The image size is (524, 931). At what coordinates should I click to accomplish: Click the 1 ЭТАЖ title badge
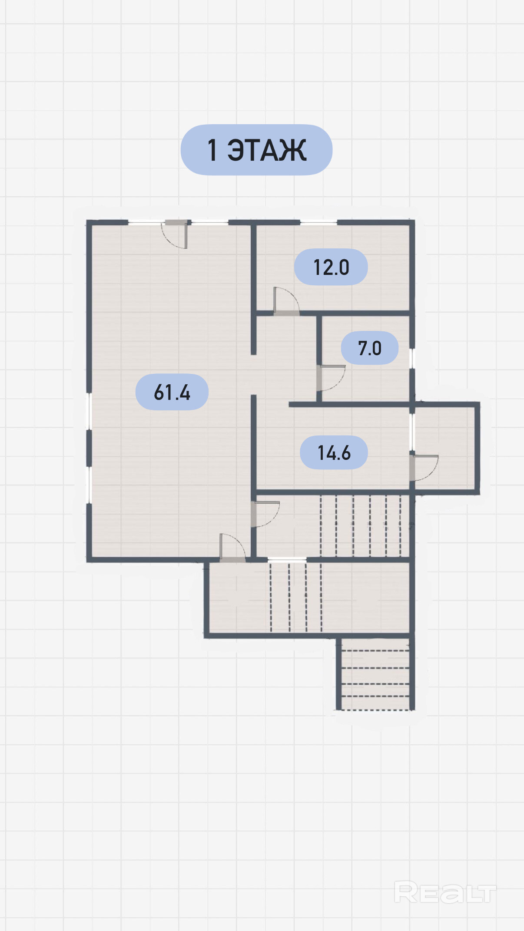256,150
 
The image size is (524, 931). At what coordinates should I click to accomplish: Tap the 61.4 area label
172,392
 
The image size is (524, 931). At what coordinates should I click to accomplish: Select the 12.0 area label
331,267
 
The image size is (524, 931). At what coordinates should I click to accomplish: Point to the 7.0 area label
370,348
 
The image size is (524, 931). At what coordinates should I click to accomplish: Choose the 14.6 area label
334,452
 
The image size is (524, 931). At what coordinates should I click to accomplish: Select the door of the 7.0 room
331,378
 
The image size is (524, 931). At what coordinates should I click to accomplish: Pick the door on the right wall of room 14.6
424,467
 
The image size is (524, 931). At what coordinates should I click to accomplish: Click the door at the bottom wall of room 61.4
232,548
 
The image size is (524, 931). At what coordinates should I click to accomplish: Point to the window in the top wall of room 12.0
318,222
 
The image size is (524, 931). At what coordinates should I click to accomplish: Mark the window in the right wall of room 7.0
412,358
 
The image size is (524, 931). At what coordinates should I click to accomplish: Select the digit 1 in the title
212,150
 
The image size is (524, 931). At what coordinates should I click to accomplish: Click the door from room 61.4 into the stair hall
265,514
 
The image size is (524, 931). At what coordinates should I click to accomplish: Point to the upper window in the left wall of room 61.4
89,412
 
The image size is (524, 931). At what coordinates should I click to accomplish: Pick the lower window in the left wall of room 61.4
89,485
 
